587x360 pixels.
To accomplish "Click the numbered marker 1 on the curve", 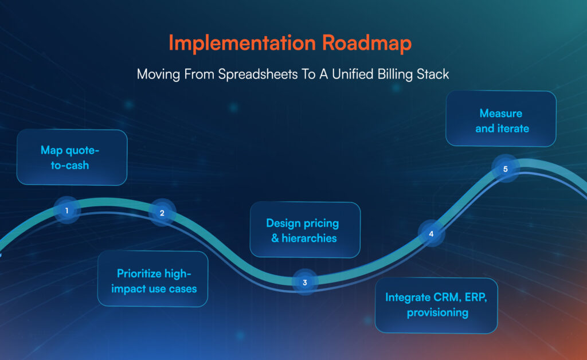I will pos(67,210).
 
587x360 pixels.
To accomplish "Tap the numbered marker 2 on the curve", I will pos(162,213).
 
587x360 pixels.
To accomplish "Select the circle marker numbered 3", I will pos(305,282).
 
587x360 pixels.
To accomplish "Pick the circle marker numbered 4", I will pos(431,233).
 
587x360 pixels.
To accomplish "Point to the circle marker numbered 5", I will pos(505,169).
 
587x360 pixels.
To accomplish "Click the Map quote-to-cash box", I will pos(72,157).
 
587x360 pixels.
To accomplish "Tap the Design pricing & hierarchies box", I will pos(305,230).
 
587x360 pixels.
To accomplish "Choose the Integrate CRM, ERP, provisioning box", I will pos(436,305).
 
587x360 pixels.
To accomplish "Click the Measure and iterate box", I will pos(501,119).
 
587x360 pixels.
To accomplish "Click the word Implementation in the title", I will pos(236,44).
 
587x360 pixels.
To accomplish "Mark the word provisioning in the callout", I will pos(437,313).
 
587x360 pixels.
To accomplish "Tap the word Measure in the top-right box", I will pos(501,113).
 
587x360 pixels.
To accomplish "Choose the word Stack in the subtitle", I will pos(433,75).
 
